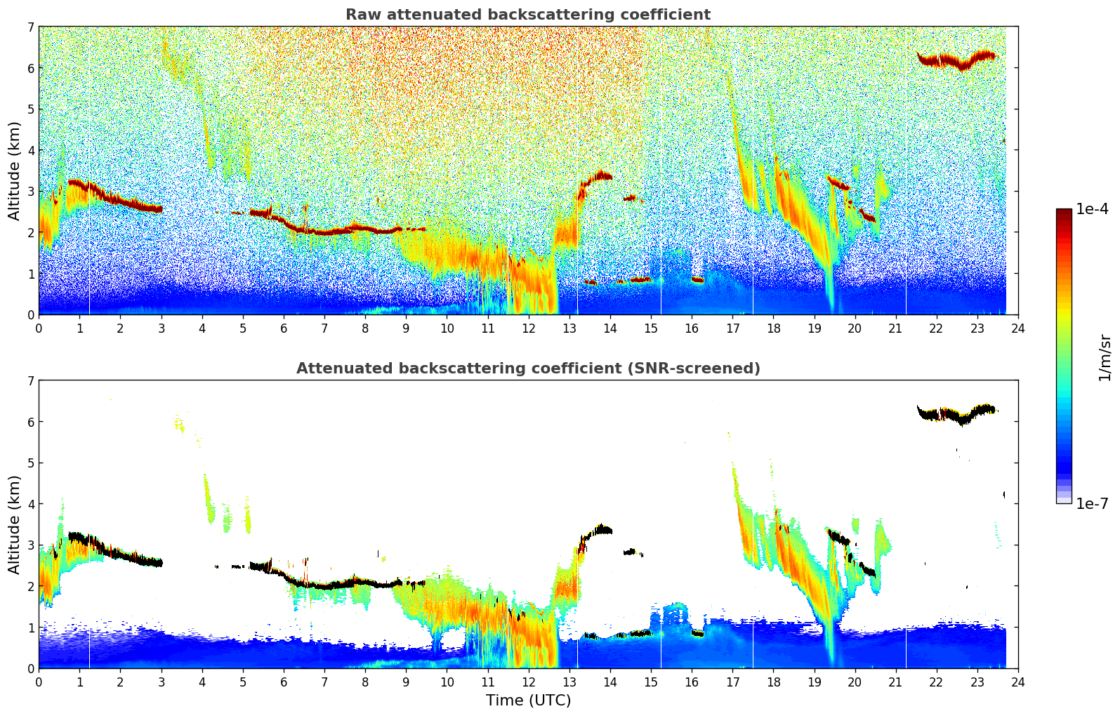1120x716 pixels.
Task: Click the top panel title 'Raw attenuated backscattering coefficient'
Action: tap(527, 15)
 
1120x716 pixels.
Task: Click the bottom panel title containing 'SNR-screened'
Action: tap(527, 369)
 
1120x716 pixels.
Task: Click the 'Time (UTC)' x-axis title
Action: tap(528, 701)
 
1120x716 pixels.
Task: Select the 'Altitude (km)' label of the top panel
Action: tap(14, 171)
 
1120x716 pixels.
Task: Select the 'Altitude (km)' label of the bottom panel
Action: tap(14, 524)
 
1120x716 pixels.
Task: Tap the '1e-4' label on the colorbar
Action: tap(1092, 209)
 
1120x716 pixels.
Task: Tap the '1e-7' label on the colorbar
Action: tap(1092, 503)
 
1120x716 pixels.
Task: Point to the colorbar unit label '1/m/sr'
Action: tap(1105, 357)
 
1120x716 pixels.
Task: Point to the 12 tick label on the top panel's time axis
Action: tap(528, 328)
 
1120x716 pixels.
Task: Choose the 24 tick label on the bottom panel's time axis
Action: tap(1017, 682)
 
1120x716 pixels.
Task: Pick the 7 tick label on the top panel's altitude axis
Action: tap(30, 27)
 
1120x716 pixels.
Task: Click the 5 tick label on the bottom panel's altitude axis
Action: tap(30, 463)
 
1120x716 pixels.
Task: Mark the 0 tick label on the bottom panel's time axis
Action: tap(39, 682)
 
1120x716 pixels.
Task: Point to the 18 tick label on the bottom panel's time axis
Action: tap(773, 682)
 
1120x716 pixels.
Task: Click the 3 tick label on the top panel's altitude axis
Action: tap(30, 192)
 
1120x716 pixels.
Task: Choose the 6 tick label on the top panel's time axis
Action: tap(284, 328)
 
